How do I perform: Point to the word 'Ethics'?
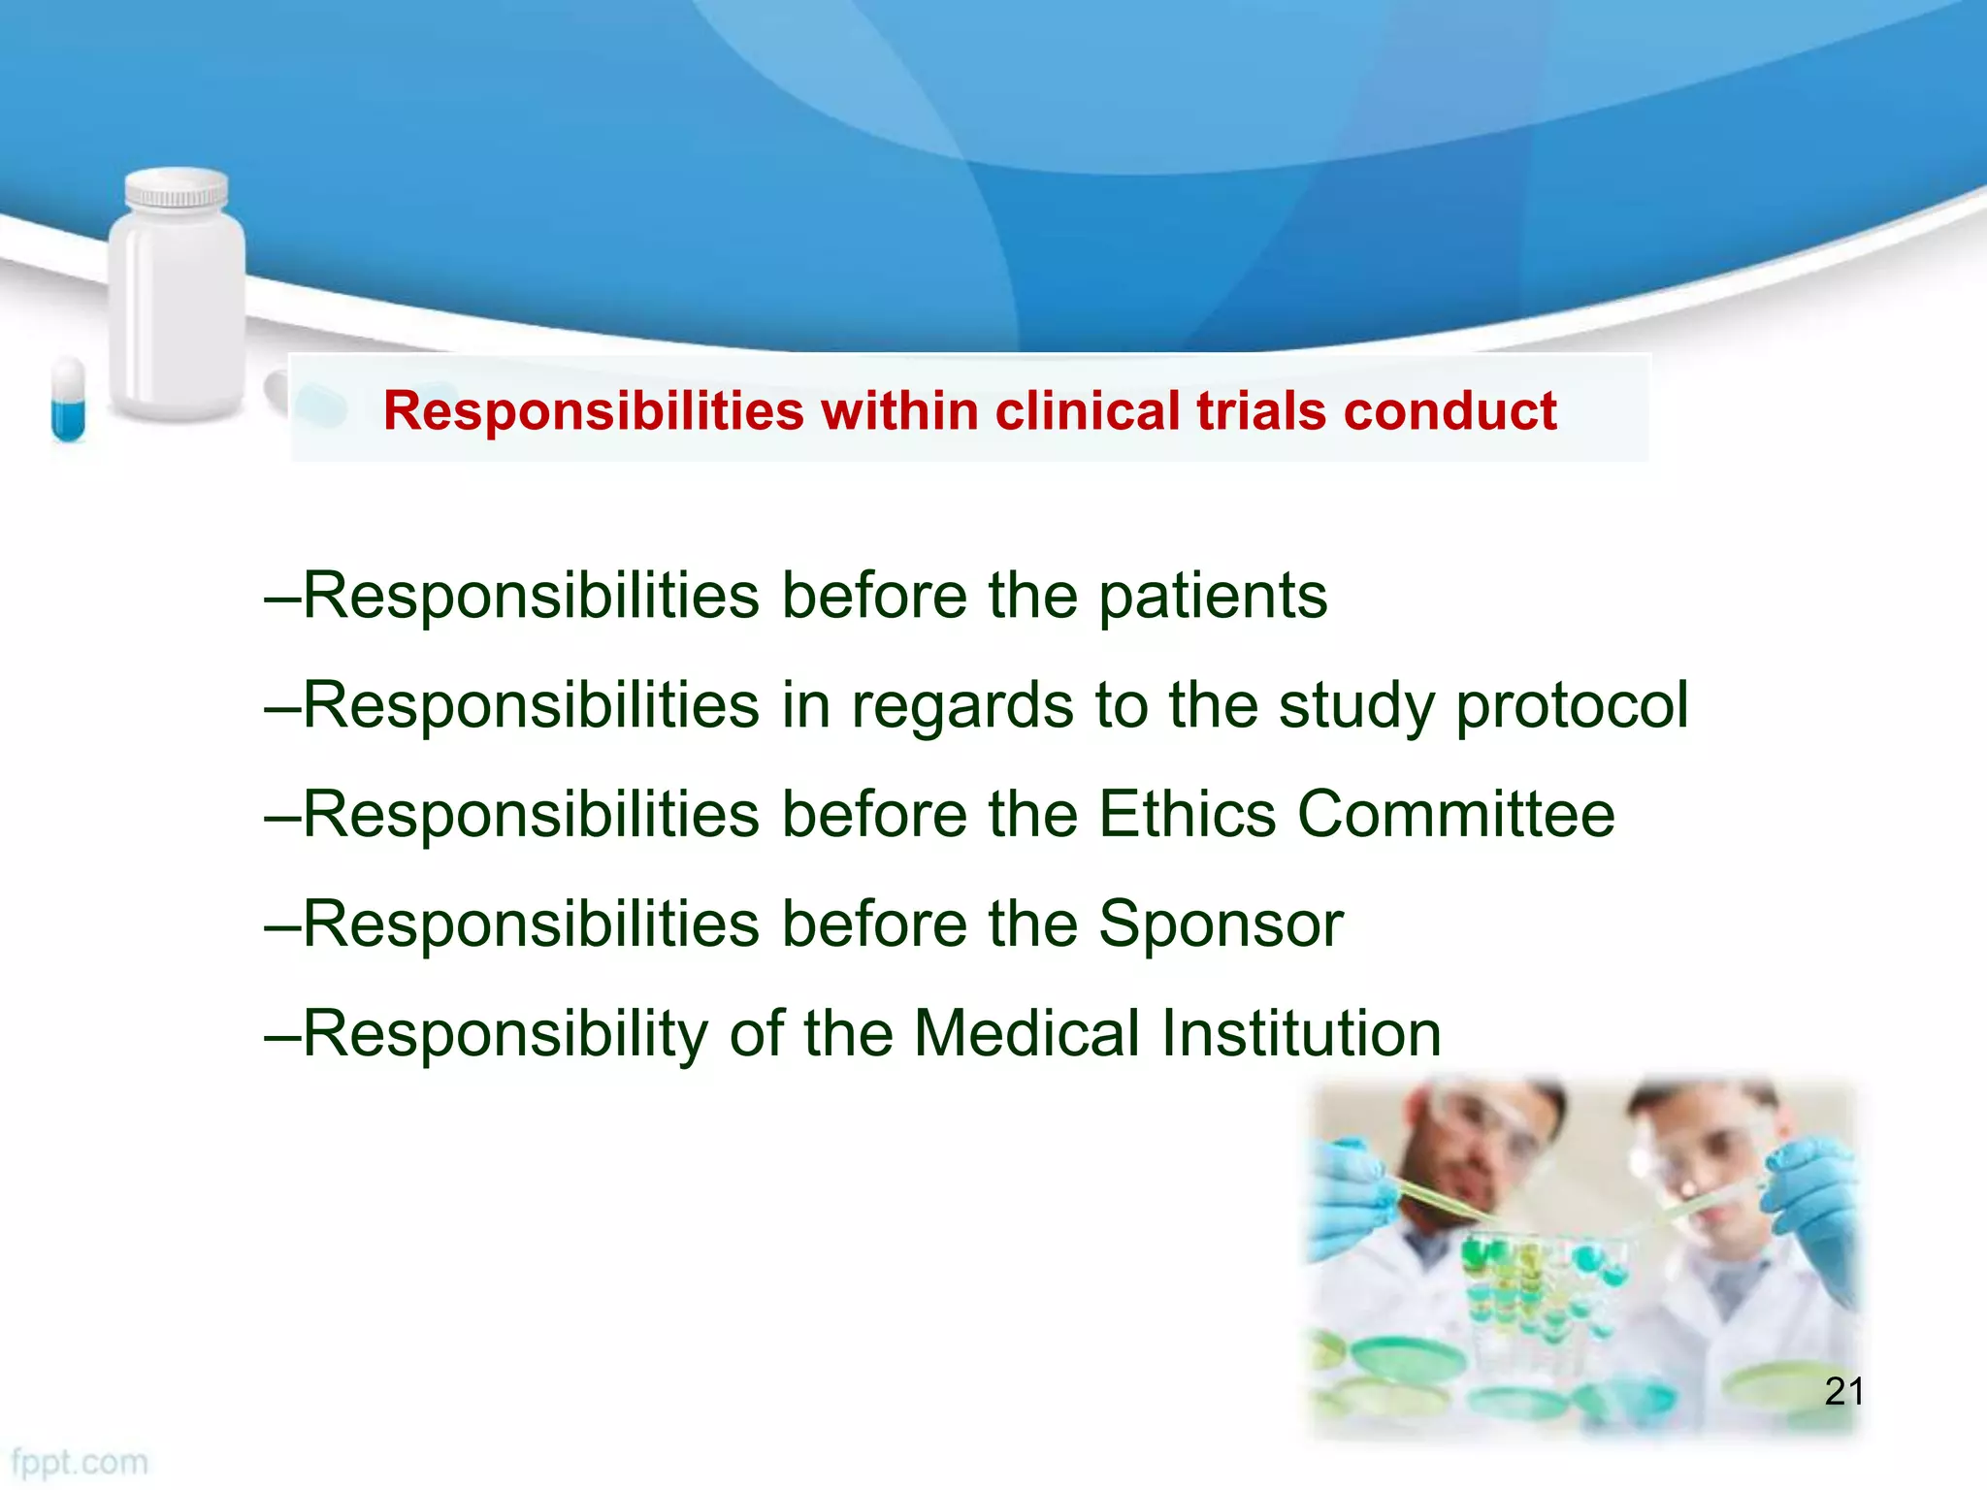tap(1187, 814)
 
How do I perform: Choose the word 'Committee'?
tap(1455, 814)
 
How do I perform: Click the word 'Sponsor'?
tap(1221, 924)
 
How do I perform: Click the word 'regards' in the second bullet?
tap(961, 706)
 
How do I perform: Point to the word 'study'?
tap(1355, 706)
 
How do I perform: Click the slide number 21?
tap(1843, 1392)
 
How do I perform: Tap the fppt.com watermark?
tap(80, 1462)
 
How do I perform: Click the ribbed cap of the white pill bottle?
tap(177, 190)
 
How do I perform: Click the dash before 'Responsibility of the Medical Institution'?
tap(281, 1035)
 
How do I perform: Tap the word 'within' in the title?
tap(898, 411)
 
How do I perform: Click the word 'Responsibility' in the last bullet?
tap(505, 1033)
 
